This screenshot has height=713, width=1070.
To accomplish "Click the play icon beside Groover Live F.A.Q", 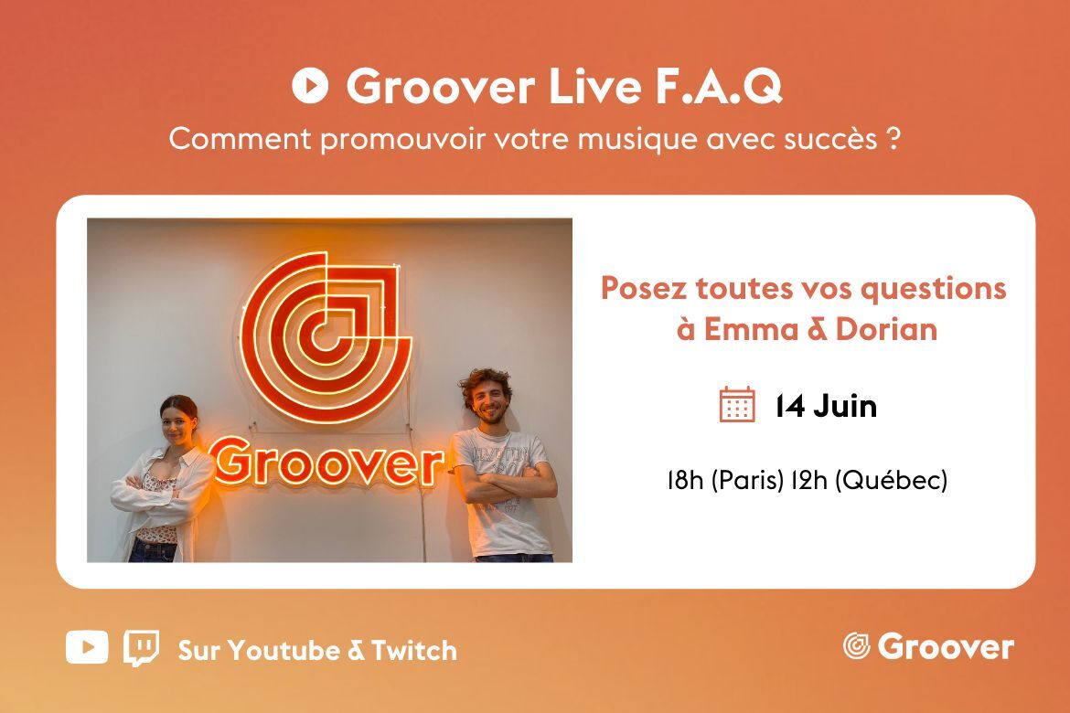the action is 310,86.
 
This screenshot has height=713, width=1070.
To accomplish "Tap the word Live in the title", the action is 595,86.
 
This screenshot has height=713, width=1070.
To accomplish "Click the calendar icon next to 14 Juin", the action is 737,405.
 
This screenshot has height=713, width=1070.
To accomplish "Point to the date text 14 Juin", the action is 826,406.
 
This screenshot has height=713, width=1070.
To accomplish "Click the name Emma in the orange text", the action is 751,330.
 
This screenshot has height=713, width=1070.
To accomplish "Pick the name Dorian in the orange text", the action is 886,330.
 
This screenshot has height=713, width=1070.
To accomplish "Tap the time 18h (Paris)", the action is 724,480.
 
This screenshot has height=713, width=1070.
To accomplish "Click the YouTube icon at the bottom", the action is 87,647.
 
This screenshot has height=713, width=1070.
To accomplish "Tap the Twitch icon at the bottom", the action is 141,648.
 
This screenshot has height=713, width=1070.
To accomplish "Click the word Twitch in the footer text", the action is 414,651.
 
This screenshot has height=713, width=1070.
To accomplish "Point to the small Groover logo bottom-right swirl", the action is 856,646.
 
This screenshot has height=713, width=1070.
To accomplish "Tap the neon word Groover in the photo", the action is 326,462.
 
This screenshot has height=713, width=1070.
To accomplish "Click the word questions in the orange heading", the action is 933,289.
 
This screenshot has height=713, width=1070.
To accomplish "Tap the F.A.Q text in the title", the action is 719,87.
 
